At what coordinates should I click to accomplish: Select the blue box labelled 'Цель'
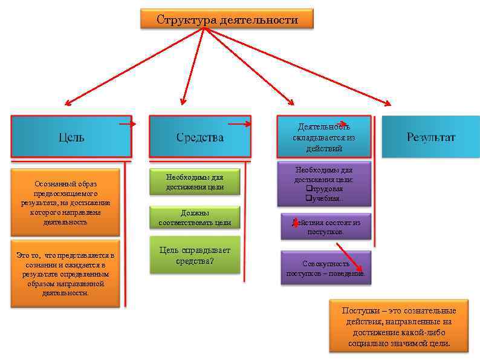[71, 137]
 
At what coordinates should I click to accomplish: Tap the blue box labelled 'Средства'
[199, 137]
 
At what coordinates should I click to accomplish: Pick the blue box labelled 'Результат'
[430, 137]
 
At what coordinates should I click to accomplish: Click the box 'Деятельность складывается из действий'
[323, 137]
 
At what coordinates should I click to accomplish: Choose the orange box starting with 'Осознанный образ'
[65, 202]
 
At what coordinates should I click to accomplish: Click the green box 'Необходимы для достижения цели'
[195, 182]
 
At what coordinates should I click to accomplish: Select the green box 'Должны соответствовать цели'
[195, 218]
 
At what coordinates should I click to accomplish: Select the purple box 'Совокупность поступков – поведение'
[325, 268]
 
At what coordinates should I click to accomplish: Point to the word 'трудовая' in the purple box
[328, 189]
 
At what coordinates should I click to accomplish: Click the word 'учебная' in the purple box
[326, 198]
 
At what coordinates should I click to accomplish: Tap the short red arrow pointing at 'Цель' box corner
[128, 124]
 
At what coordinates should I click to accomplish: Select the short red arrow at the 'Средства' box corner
[239, 124]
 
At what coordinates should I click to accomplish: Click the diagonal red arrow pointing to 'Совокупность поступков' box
[349, 257]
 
